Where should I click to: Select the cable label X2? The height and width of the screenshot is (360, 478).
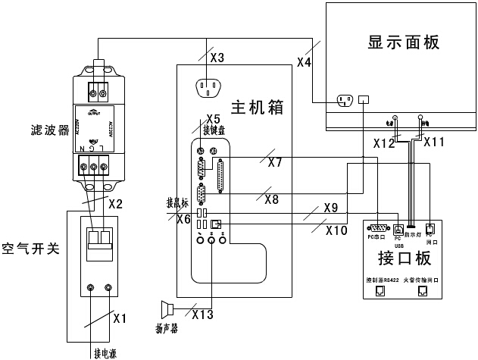(115, 204)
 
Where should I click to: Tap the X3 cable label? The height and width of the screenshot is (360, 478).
(217, 58)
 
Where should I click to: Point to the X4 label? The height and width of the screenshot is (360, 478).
(304, 63)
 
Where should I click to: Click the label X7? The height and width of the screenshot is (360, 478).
(274, 162)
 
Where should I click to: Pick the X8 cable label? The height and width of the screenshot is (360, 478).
(272, 199)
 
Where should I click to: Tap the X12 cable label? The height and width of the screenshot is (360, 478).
(384, 142)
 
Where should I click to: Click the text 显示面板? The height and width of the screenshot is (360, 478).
(401, 42)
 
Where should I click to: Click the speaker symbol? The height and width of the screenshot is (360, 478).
(167, 309)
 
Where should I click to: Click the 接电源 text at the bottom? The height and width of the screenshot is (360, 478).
(105, 352)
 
